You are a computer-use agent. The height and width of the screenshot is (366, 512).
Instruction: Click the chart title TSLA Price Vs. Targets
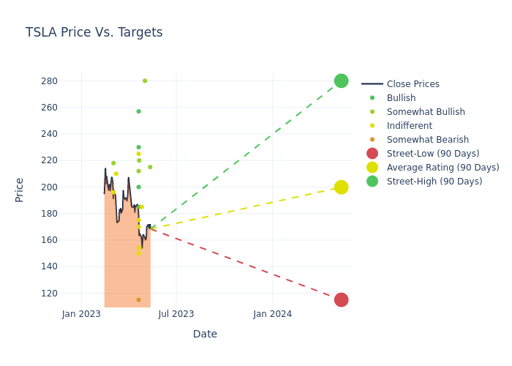pyautogui.click(x=94, y=33)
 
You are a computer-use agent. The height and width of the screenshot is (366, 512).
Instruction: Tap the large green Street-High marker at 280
pyautogui.click(x=341, y=81)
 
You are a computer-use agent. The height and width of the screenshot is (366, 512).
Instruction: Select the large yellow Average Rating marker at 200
pyautogui.click(x=341, y=187)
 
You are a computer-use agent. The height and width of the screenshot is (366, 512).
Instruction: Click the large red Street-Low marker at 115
pyautogui.click(x=341, y=299)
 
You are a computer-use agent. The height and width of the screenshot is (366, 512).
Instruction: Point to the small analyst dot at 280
pyautogui.click(x=145, y=81)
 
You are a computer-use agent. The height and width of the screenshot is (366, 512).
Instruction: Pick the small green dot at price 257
pyautogui.click(x=138, y=111)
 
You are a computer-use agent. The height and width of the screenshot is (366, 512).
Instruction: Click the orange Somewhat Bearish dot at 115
pyautogui.click(x=138, y=299)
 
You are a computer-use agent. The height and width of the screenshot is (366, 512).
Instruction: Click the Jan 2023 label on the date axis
pyautogui.click(x=81, y=314)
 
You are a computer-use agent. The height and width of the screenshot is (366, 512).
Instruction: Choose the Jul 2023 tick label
pyautogui.click(x=176, y=314)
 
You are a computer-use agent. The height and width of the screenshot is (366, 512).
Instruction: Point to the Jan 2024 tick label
pyautogui.click(x=272, y=314)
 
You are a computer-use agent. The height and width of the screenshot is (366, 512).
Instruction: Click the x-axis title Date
pyautogui.click(x=205, y=334)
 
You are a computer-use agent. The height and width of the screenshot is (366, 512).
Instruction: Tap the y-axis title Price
pyautogui.click(x=20, y=190)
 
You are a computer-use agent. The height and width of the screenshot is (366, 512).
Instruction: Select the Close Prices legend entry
pyautogui.click(x=413, y=84)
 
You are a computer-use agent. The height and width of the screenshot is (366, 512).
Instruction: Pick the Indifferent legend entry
pyautogui.click(x=409, y=126)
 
